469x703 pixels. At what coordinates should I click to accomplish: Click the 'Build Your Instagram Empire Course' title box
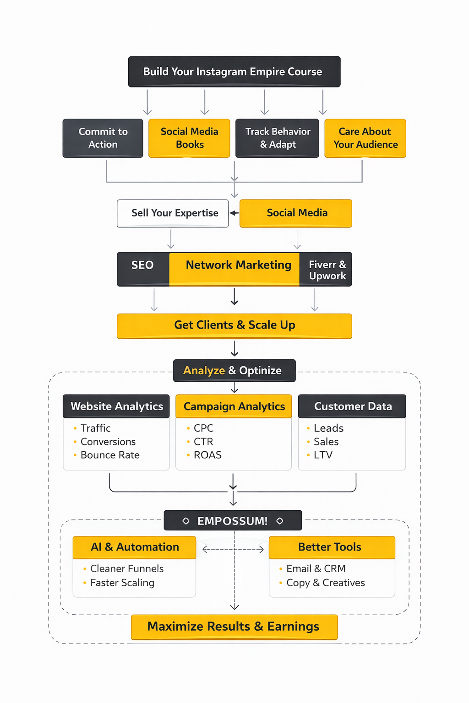pos(234,72)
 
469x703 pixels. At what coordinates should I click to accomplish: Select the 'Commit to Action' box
pos(103,138)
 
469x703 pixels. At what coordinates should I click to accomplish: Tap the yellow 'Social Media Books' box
pos(189,138)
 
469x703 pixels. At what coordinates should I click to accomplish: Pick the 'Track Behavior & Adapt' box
pos(277,138)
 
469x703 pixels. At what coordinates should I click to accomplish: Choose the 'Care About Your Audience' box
pos(365,138)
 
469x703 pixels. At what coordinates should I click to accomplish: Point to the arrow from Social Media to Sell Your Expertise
pos(234,213)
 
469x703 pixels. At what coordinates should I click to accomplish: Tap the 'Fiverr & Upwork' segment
pos(327,270)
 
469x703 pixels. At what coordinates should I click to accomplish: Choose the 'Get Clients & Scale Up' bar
pos(234,325)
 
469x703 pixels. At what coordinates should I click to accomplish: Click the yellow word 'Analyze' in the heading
pos(204,371)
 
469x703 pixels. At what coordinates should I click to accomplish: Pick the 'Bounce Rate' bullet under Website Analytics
pos(110,455)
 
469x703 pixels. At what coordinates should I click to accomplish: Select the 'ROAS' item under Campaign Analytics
pos(207,455)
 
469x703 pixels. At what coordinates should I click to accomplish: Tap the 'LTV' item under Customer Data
pos(323,455)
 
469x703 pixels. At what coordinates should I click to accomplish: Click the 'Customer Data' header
pos(352,406)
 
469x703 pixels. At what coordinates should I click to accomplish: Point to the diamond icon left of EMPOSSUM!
pos(186,521)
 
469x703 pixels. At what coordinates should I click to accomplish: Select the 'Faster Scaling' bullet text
pos(122,583)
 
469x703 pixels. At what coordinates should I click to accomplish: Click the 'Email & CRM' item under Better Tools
pos(316,568)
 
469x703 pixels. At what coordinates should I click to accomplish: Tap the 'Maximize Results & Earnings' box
pos(234,627)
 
